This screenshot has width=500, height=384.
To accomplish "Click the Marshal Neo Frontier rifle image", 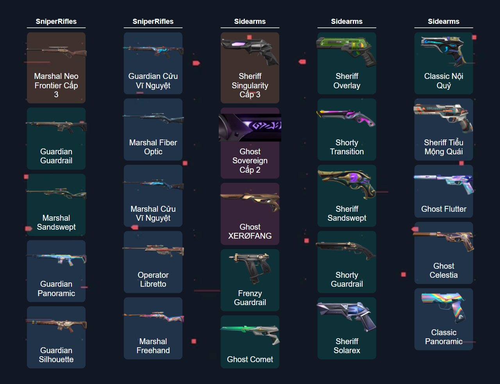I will coord(56,52).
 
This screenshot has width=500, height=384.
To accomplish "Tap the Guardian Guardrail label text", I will coord(56,156).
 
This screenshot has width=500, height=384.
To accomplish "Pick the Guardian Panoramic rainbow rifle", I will coord(56,259).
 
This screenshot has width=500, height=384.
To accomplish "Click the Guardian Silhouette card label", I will coord(56,355).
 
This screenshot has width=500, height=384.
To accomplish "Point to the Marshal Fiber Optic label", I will coord(153,147).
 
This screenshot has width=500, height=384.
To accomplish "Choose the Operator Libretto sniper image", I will coord(153,250).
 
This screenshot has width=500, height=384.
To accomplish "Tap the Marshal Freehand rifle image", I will coord(153,316).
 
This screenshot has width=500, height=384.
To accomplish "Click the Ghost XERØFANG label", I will coord(250,231).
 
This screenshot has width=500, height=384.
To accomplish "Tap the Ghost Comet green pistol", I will coord(250,334).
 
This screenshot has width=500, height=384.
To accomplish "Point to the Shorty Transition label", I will coord(347,147).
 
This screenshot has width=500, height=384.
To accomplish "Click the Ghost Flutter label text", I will coord(444,209).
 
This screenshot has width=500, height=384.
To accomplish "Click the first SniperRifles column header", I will coord(56,21).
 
